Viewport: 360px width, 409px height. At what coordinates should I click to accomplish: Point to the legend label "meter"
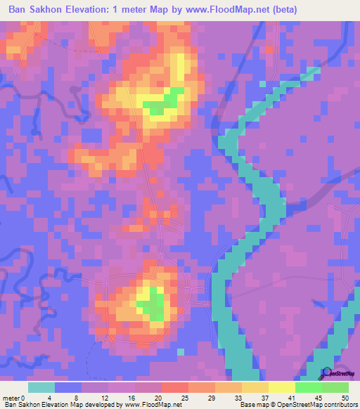click(x=10, y=398)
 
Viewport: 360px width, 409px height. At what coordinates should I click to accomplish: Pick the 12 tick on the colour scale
click(x=103, y=398)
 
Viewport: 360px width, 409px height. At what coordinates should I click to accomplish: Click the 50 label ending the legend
click(x=345, y=398)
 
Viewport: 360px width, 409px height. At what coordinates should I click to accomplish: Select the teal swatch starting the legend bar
click(x=41, y=387)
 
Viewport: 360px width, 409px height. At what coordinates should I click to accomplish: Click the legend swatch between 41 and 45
click(x=308, y=387)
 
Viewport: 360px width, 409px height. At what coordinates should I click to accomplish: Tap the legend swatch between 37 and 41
click(x=281, y=387)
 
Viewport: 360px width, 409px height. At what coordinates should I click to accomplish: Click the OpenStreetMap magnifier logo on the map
click(x=326, y=373)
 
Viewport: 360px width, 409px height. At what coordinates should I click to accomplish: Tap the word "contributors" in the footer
click(x=337, y=405)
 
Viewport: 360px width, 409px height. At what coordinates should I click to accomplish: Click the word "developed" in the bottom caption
click(x=99, y=405)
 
